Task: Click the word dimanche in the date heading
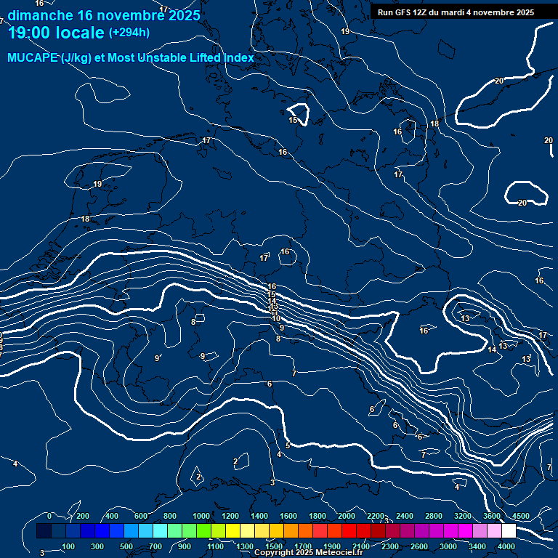(40, 15)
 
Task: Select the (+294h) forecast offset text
(129, 33)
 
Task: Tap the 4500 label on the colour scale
(521, 516)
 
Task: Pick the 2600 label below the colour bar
(419, 546)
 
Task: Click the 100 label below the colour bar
(68, 546)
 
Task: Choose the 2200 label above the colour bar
(375, 516)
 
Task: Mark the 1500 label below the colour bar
(274, 546)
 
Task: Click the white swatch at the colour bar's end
(508, 531)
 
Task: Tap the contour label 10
(276, 318)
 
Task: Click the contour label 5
(288, 445)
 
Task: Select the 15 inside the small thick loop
(293, 120)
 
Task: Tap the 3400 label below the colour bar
(478, 546)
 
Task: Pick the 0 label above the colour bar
(49, 516)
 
